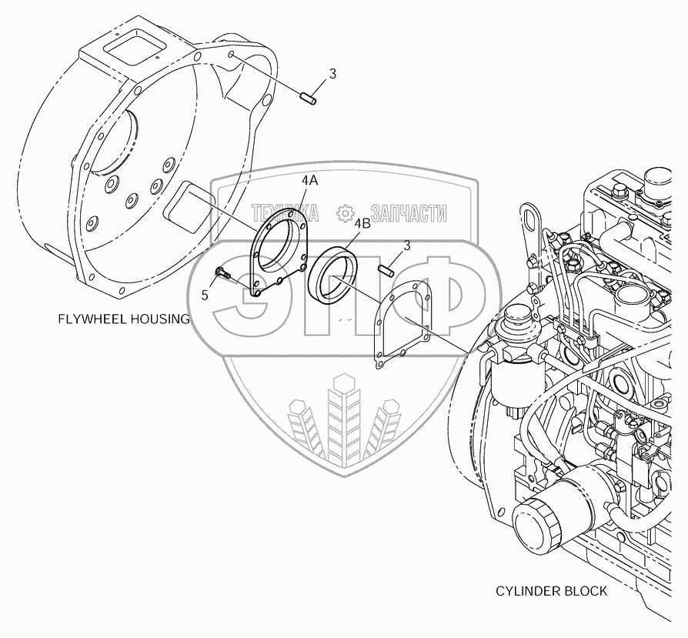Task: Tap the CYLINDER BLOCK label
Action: click(x=551, y=591)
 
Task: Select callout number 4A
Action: click(x=309, y=180)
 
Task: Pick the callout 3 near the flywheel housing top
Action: click(x=332, y=75)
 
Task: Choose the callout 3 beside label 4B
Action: click(x=406, y=246)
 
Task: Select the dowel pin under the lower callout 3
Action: click(x=386, y=269)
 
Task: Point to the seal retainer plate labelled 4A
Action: click(x=279, y=254)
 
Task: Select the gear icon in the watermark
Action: click(x=346, y=212)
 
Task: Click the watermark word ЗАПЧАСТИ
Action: click(x=408, y=212)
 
